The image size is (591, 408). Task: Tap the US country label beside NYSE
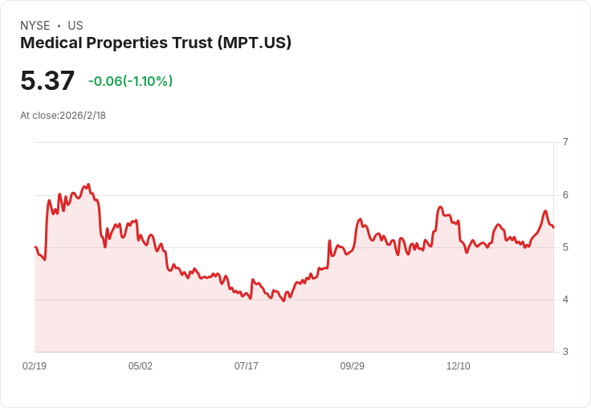point(75,26)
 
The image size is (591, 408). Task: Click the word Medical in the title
point(51,43)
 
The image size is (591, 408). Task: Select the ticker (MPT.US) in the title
point(254,43)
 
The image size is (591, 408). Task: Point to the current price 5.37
point(47,80)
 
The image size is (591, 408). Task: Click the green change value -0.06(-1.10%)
point(130,81)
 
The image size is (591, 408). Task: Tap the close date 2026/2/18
point(83,116)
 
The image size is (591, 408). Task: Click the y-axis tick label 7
point(565,142)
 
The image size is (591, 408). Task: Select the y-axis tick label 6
point(565,195)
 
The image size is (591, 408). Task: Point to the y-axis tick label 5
point(565,247)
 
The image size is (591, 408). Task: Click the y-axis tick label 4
point(565,300)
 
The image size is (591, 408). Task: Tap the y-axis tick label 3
point(565,352)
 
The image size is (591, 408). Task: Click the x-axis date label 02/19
point(35,366)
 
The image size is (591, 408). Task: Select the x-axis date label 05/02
point(141,366)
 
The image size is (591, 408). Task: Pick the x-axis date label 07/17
point(247,366)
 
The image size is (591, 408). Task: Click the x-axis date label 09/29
point(353,366)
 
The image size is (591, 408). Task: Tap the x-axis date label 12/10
point(459,366)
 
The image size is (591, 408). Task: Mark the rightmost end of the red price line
point(553,227)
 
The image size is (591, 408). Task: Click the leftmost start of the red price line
point(35,247)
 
